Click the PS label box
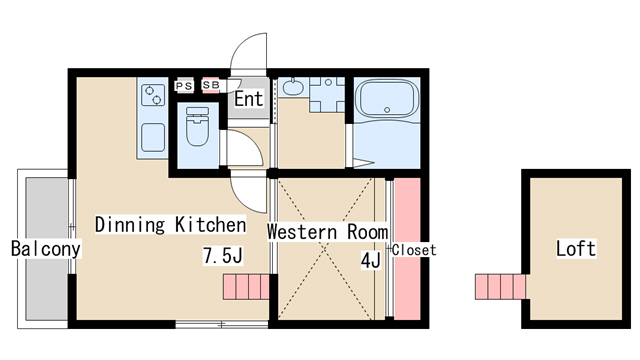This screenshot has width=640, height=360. coord(184,86)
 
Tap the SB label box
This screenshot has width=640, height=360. coord(211,85)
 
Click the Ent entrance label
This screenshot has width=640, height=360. coord(249,99)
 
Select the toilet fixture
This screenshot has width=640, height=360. coord(198,126)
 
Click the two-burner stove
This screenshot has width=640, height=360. coord(153,95)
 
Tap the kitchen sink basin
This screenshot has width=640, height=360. coord(153,138)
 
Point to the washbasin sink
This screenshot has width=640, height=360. coord(293,87)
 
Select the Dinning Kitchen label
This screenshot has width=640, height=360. coord(171,225)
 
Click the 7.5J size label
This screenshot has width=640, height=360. coord(223,256)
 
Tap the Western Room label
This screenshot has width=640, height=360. coord(328,231)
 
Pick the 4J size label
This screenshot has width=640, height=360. coord(371,260)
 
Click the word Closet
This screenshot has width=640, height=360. coord(414,250)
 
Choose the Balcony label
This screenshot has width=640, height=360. coord(46,249)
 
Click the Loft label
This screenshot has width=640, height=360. coord(576,248)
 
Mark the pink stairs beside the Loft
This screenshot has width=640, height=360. coord(500,287)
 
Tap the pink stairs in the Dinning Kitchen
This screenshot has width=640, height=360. coord(246,287)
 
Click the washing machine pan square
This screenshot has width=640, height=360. coord(327,95)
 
